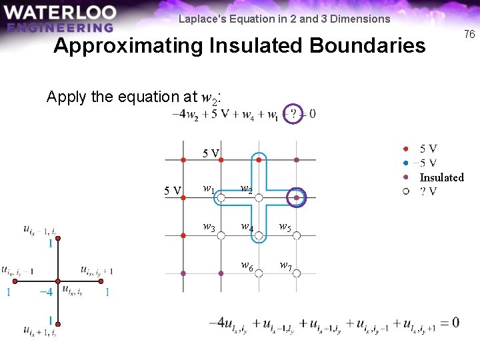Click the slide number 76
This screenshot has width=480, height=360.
point(469,34)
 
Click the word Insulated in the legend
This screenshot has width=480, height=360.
point(441,177)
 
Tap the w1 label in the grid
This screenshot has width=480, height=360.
point(209,189)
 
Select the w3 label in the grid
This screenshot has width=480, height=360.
point(209,227)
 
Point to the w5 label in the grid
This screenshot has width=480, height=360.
point(285,227)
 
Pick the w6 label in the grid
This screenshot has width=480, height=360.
point(247,266)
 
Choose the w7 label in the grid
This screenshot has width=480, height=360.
point(285,266)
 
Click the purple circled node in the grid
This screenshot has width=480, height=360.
point(297,197)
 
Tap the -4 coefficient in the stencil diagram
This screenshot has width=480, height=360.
point(46,292)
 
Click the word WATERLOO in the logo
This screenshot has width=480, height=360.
point(59,13)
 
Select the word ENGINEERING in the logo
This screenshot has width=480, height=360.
point(59,27)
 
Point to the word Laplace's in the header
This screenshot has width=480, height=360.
point(200,19)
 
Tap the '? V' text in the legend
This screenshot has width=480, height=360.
point(429,192)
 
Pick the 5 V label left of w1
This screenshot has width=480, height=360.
point(173,191)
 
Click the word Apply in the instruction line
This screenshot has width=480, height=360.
point(65,97)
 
